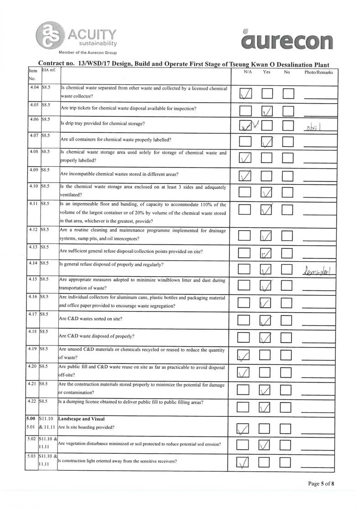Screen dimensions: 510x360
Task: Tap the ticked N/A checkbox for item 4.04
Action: click(x=245, y=93)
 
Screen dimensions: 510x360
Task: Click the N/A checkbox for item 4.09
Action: click(x=245, y=175)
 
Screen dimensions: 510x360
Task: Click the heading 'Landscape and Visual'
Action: click(x=82, y=419)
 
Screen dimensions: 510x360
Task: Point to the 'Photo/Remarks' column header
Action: click(x=318, y=72)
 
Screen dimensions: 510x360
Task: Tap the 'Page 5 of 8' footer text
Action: click(x=321, y=484)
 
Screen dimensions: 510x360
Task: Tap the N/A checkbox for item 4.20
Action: click(x=245, y=373)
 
